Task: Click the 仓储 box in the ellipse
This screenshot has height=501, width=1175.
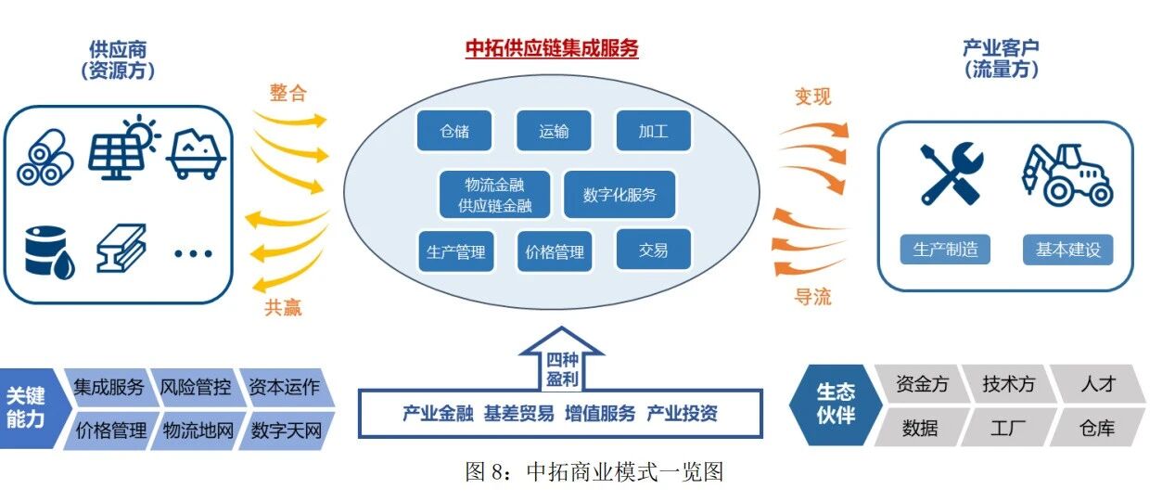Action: (x=454, y=131)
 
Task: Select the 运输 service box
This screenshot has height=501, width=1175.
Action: (x=554, y=131)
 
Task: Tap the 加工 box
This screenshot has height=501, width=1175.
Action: (x=653, y=131)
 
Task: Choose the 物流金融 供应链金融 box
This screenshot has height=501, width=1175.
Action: (x=494, y=195)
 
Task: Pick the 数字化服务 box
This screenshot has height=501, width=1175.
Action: (x=619, y=195)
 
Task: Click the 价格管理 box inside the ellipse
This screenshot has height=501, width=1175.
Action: (x=555, y=250)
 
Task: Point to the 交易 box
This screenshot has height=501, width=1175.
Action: (x=653, y=250)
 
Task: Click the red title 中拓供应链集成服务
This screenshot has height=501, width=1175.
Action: (x=552, y=49)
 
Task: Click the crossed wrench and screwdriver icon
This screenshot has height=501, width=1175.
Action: (x=950, y=173)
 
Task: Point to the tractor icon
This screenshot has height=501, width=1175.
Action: (x=1066, y=173)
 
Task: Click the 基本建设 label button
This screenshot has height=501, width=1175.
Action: (x=1067, y=250)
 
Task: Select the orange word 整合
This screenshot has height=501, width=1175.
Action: (x=288, y=93)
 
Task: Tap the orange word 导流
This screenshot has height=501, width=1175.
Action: (x=813, y=297)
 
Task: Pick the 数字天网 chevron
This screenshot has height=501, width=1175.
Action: (x=286, y=430)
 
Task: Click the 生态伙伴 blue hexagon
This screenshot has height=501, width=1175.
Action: (x=835, y=405)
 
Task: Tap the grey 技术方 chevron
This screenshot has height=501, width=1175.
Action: (x=1008, y=383)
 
